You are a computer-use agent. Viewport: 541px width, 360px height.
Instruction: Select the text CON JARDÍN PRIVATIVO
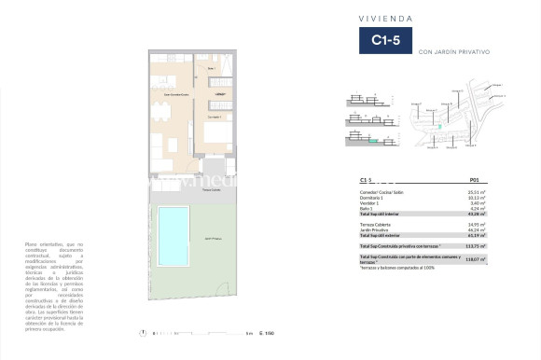click(454, 51)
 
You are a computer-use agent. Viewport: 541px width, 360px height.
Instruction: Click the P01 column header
click(474, 179)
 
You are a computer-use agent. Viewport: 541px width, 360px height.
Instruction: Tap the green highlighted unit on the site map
click(432, 125)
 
